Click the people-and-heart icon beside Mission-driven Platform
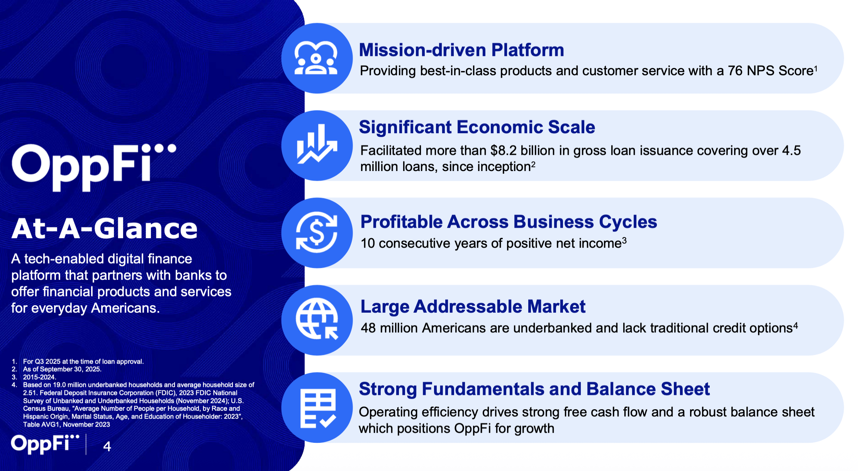pos(316,58)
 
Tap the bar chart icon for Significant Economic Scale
pos(317,144)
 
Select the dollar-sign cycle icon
pos(317,233)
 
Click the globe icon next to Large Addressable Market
pos(317,320)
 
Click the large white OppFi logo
pos(94,167)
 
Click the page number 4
pos(107,446)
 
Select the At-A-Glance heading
pos(104,228)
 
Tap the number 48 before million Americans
pos(368,328)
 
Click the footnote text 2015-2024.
pos(39,377)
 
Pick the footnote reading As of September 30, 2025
pos(62,369)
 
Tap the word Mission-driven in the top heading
pos(423,50)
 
